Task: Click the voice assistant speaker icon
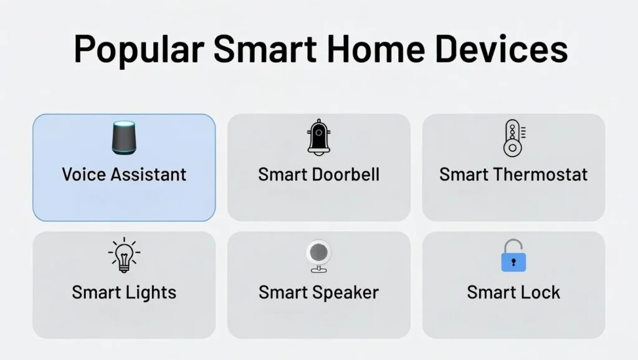123,138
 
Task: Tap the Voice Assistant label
124,174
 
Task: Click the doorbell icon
318,138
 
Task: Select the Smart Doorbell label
318,174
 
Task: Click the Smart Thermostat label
513,174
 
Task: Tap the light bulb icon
123,255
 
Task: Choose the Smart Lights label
124,292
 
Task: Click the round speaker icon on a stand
318,256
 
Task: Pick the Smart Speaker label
318,292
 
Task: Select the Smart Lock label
513,292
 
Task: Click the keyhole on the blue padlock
513,262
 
